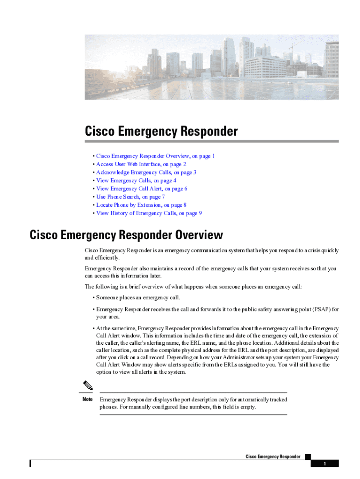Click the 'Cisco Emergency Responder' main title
[x=161, y=131]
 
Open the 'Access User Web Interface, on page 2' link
[x=141, y=164]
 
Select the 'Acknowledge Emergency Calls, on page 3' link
[x=146, y=172]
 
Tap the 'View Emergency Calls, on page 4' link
[x=136, y=181]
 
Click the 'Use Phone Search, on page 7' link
[x=130, y=197]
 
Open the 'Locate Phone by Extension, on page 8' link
[x=141, y=205]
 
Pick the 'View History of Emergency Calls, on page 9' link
[x=149, y=213]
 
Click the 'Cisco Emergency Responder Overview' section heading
[x=126, y=235]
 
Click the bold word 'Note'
[x=87, y=399]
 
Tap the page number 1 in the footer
[x=324, y=464]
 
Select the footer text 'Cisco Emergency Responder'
[x=273, y=457]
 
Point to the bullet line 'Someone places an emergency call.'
[x=138, y=298]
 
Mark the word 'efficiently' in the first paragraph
[x=108, y=258]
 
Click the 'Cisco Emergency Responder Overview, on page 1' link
[x=155, y=156]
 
